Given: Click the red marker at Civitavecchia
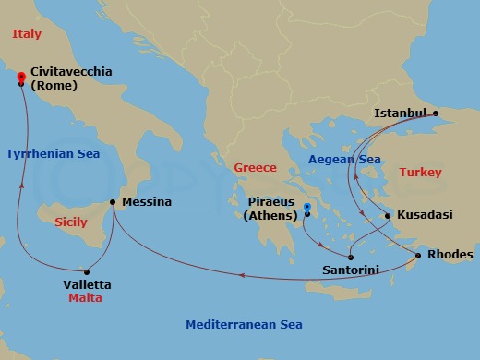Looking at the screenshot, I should click(20, 81).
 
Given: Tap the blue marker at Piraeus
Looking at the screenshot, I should click(306, 206).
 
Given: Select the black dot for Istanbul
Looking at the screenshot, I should click(437, 115).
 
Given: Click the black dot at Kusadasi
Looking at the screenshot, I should click(388, 216).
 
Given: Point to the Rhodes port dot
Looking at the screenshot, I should click(418, 256).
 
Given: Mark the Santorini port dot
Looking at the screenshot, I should click(350, 258).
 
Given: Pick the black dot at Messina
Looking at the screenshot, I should click(113, 202).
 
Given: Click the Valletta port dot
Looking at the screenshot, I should click(87, 271).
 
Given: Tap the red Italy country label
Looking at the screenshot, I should click(27, 34).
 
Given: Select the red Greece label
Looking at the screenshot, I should click(255, 168).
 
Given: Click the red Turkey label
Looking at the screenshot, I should click(420, 173).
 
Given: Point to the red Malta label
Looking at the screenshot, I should click(85, 299).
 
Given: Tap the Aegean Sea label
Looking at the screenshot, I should click(344, 160).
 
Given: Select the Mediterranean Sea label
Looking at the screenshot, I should click(244, 325).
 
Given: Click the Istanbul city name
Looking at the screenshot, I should click(401, 114).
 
